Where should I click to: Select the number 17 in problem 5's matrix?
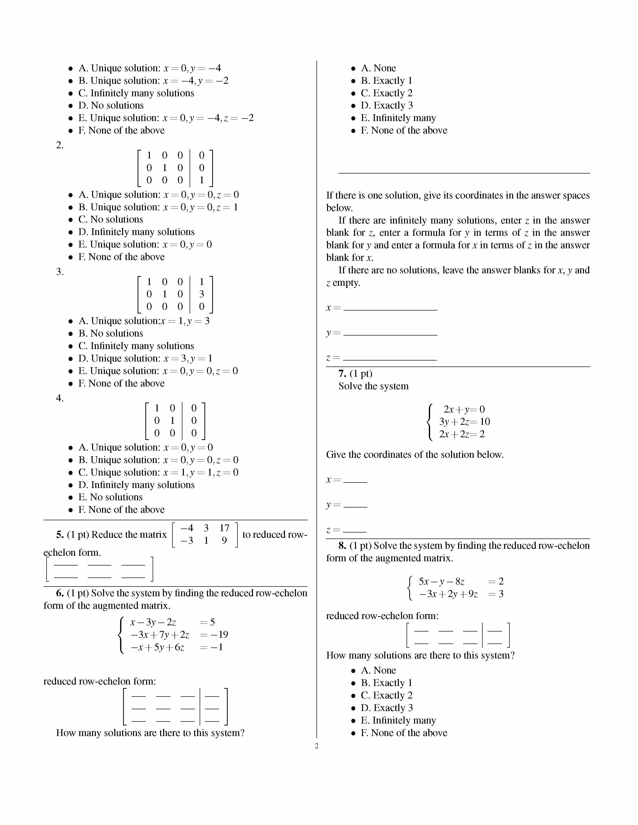point(224,528)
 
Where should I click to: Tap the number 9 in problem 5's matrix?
point(224,540)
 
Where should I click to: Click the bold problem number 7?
point(342,373)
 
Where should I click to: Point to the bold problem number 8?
point(342,545)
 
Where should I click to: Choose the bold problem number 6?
point(60,593)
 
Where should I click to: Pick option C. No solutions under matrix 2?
point(111,219)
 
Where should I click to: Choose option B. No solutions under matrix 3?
point(111,333)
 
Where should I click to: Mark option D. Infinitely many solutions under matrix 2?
point(136,232)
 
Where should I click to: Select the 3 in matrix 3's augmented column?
point(201,294)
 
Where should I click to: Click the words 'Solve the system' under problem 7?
point(374,386)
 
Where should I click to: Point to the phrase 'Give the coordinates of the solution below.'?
point(415,454)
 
